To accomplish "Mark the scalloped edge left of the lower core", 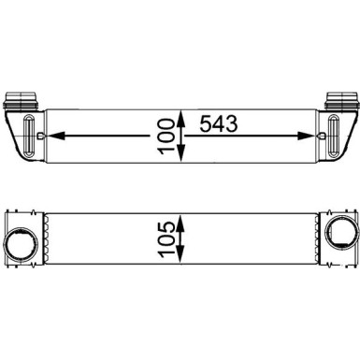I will click(x=41, y=241).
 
